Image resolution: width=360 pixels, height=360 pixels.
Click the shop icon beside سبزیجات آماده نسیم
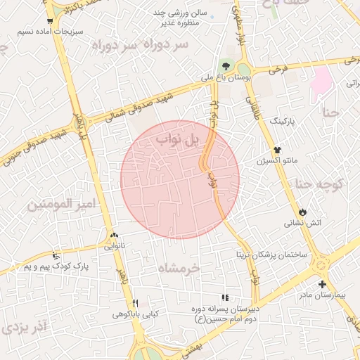tap(49, 21)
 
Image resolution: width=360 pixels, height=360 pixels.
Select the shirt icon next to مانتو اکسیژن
tap(278, 150)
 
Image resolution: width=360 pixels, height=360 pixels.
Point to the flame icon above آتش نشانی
tap(302, 211)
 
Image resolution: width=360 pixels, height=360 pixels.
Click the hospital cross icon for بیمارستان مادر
tap(322, 285)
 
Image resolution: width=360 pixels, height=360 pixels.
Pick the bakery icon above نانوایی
tap(114, 236)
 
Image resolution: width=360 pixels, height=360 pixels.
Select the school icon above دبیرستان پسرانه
tap(225, 297)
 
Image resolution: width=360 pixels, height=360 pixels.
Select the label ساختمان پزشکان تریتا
tap(271, 254)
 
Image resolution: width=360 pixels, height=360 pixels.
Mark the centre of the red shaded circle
tap(180, 179)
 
